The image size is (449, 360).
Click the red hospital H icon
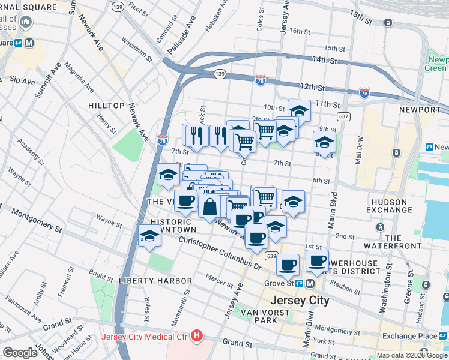(196, 336)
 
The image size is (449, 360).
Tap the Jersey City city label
(300, 301)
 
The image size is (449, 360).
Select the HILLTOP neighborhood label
(106, 105)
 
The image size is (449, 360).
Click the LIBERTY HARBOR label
(155, 281)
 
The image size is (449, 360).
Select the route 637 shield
(343, 116)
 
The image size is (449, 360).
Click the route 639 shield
(271, 256)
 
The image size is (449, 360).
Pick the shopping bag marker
(210, 207)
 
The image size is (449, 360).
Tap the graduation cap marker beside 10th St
(299, 110)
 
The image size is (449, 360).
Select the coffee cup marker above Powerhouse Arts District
(317, 260)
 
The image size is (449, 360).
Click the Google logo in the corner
(20, 353)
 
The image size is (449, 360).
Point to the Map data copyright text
(412, 355)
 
